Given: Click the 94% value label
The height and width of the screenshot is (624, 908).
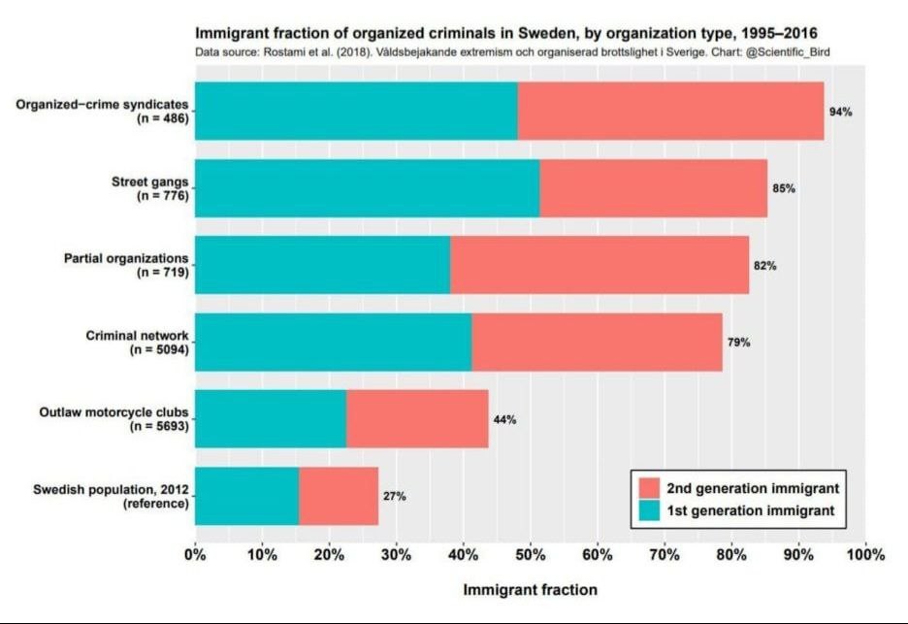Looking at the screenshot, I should point(840,112).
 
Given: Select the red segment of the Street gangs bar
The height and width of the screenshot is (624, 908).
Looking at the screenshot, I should point(653,188).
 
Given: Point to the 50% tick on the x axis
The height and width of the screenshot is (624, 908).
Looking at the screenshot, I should point(531,555).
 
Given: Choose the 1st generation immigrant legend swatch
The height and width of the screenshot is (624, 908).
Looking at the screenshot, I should point(648,509).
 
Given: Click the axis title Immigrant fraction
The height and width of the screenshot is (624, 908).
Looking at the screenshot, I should point(530,589).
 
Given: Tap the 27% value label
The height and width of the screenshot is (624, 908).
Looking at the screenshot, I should point(394,496).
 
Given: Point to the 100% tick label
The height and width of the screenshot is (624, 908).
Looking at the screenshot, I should point(865,555).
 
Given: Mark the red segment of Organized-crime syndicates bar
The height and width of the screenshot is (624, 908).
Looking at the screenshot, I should point(670,112).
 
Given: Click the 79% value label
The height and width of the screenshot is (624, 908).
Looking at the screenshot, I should point(739,343).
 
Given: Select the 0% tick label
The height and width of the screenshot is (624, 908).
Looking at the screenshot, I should point(196,555).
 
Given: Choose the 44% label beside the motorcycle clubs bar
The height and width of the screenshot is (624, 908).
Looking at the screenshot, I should point(504,420).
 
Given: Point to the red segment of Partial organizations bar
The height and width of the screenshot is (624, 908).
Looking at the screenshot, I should point(600,265).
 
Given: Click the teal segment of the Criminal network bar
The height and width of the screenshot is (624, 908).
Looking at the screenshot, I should point(334,343).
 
